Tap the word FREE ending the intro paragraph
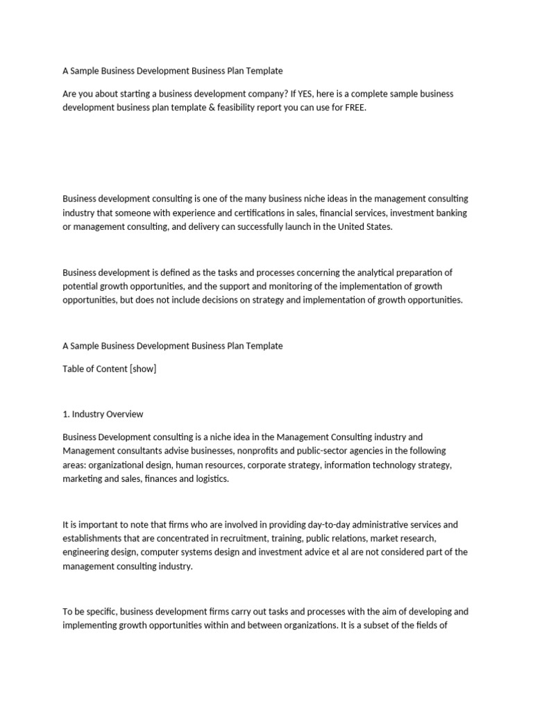[x=352, y=108]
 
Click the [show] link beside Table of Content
[x=142, y=369]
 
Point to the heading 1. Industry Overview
[x=103, y=414]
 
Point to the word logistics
[x=205, y=478]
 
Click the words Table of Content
[x=94, y=369]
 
